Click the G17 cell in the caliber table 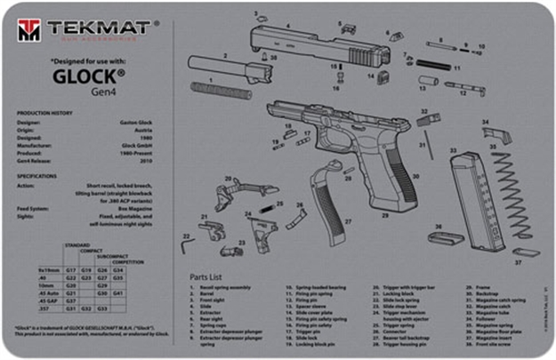click(x=75, y=268)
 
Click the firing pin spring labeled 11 click(x=431, y=65)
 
